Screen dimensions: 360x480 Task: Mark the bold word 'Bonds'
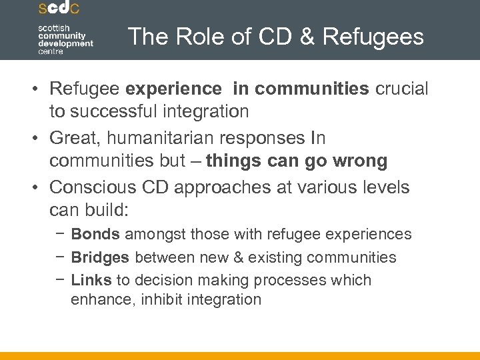tap(95, 234)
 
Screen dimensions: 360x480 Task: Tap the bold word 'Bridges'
tap(101, 257)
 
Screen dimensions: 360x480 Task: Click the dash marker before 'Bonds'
tap(61, 234)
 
